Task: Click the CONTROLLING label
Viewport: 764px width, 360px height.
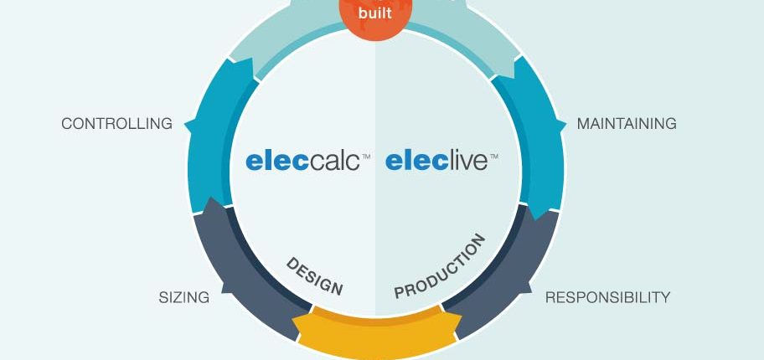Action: coord(117,124)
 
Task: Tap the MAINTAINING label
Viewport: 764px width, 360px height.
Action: coord(627,124)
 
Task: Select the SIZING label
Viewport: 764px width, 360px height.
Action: coord(184,297)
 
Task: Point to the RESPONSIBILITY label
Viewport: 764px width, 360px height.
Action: coord(607,297)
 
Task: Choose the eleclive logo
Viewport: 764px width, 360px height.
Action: coord(441,162)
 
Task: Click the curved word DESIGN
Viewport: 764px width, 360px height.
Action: coord(314,276)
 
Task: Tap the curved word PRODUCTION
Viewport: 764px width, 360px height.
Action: coord(440,266)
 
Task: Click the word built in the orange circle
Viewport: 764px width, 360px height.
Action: coord(374,13)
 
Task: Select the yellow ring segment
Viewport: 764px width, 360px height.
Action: coord(376,332)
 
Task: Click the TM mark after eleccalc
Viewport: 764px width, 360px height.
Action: coord(366,157)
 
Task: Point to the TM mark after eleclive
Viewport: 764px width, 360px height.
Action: coord(493,157)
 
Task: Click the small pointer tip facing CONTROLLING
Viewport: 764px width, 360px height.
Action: coord(185,125)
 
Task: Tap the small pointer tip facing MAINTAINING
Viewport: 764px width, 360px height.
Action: coord(565,125)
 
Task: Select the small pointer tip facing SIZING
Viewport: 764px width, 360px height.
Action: coord(222,292)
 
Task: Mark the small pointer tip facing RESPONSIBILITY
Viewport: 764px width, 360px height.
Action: coord(531,292)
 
